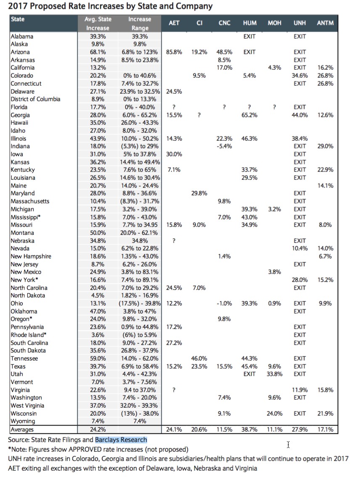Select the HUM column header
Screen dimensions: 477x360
[250, 23]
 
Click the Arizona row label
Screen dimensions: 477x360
[20, 52]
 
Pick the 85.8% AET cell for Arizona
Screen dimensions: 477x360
[174, 52]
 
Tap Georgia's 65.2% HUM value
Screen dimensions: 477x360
[250, 115]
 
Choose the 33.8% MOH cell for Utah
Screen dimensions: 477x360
[275, 374]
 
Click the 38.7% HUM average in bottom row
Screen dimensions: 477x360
[250, 430]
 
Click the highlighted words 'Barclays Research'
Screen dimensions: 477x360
[121, 440]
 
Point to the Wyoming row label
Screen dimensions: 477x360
[23, 421]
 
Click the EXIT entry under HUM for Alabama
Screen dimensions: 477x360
[250, 37]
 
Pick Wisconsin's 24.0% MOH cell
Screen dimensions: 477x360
[275, 414]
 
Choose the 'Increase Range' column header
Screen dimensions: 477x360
[140, 24]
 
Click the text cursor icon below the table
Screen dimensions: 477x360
[289, 444]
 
